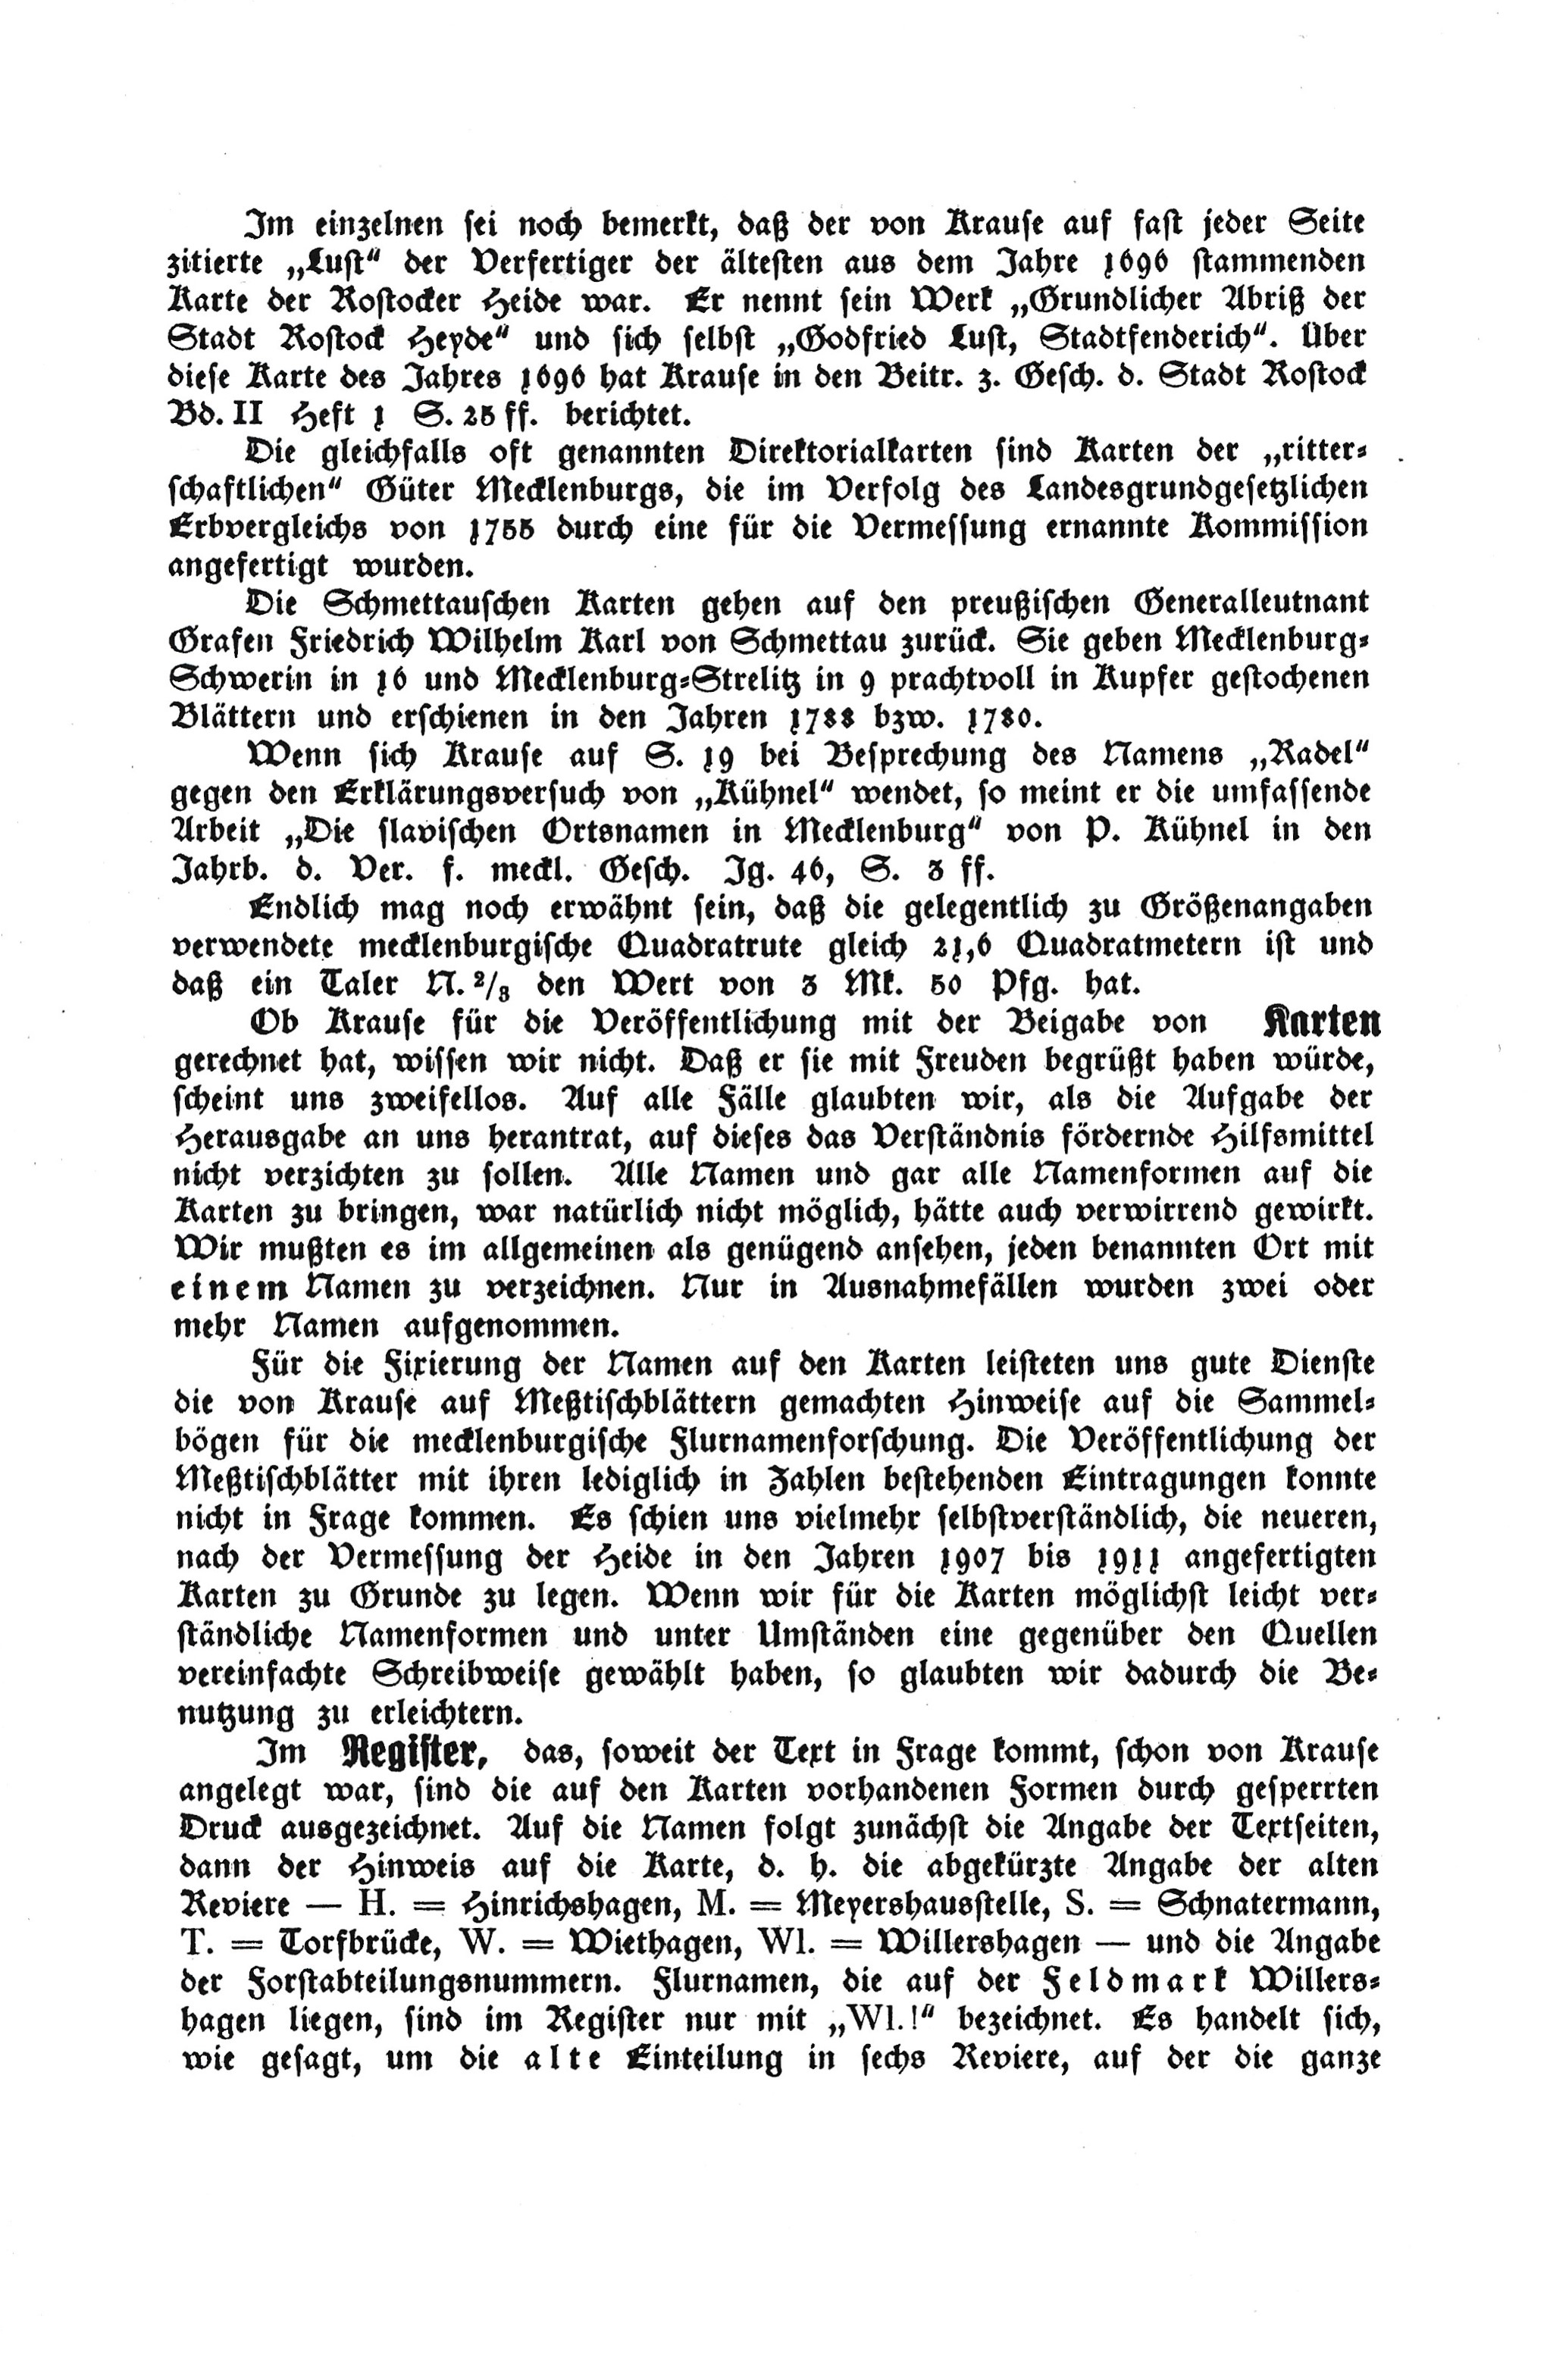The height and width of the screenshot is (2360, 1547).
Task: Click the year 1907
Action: click(969, 1558)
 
